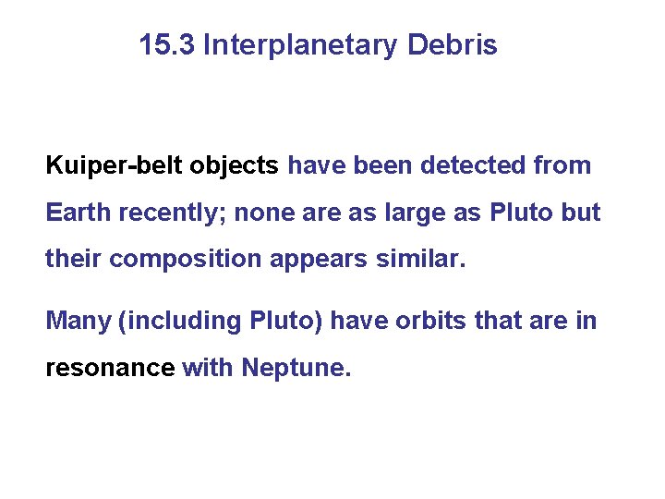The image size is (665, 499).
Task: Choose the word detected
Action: pyautogui.click(x=472, y=166)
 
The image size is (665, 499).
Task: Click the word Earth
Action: pyautogui.click(x=76, y=213)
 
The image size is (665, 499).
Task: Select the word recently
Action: pyautogui.click(x=171, y=213)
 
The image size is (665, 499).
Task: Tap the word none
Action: pyautogui.click(x=261, y=213)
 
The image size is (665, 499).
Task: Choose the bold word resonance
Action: pyautogui.click(x=110, y=368)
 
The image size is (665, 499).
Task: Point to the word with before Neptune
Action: pyautogui.click(x=208, y=368)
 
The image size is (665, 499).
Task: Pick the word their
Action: pyautogui.click(x=73, y=259)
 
